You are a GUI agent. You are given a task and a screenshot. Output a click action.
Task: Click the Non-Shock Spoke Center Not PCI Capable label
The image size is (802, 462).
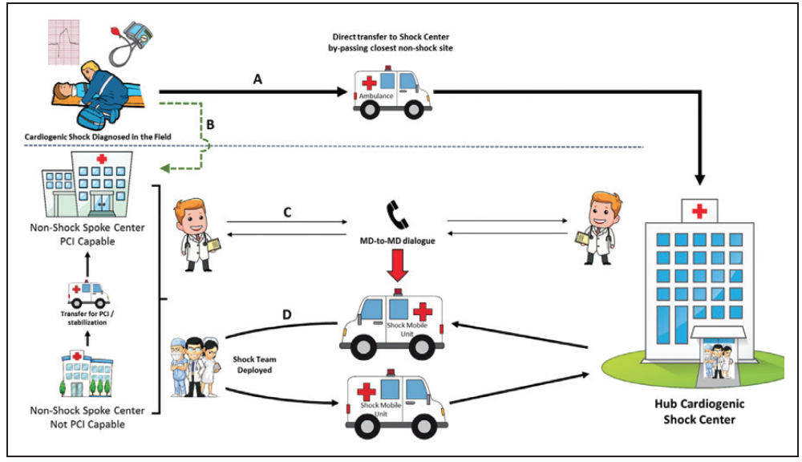pyautogui.click(x=87, y=417)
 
